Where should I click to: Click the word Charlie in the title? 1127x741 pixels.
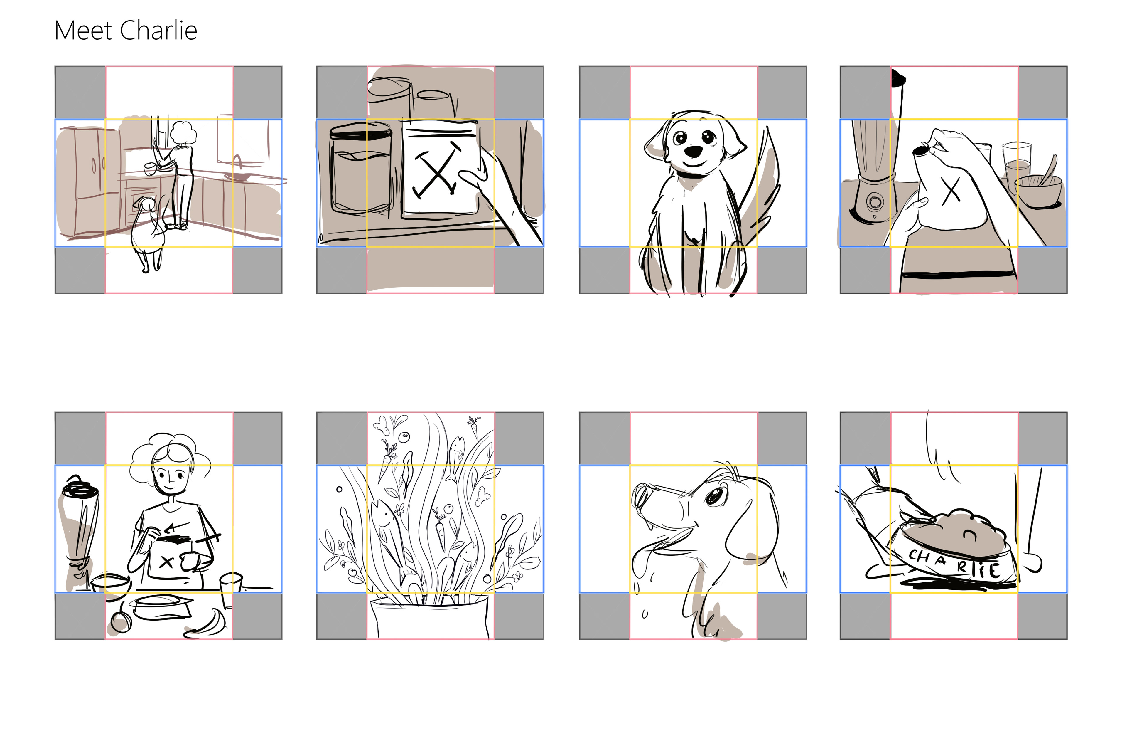159,31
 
